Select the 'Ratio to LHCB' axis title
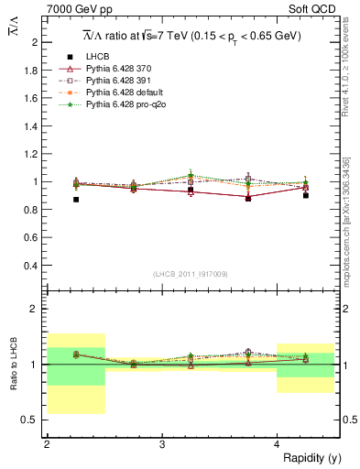click(15, 365)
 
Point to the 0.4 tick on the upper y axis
click(33, 266)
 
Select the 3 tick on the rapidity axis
click(162, 444)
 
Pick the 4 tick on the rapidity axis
click(277, 444)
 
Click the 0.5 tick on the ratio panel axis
click(33, 420)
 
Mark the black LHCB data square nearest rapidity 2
click(76, 200)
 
